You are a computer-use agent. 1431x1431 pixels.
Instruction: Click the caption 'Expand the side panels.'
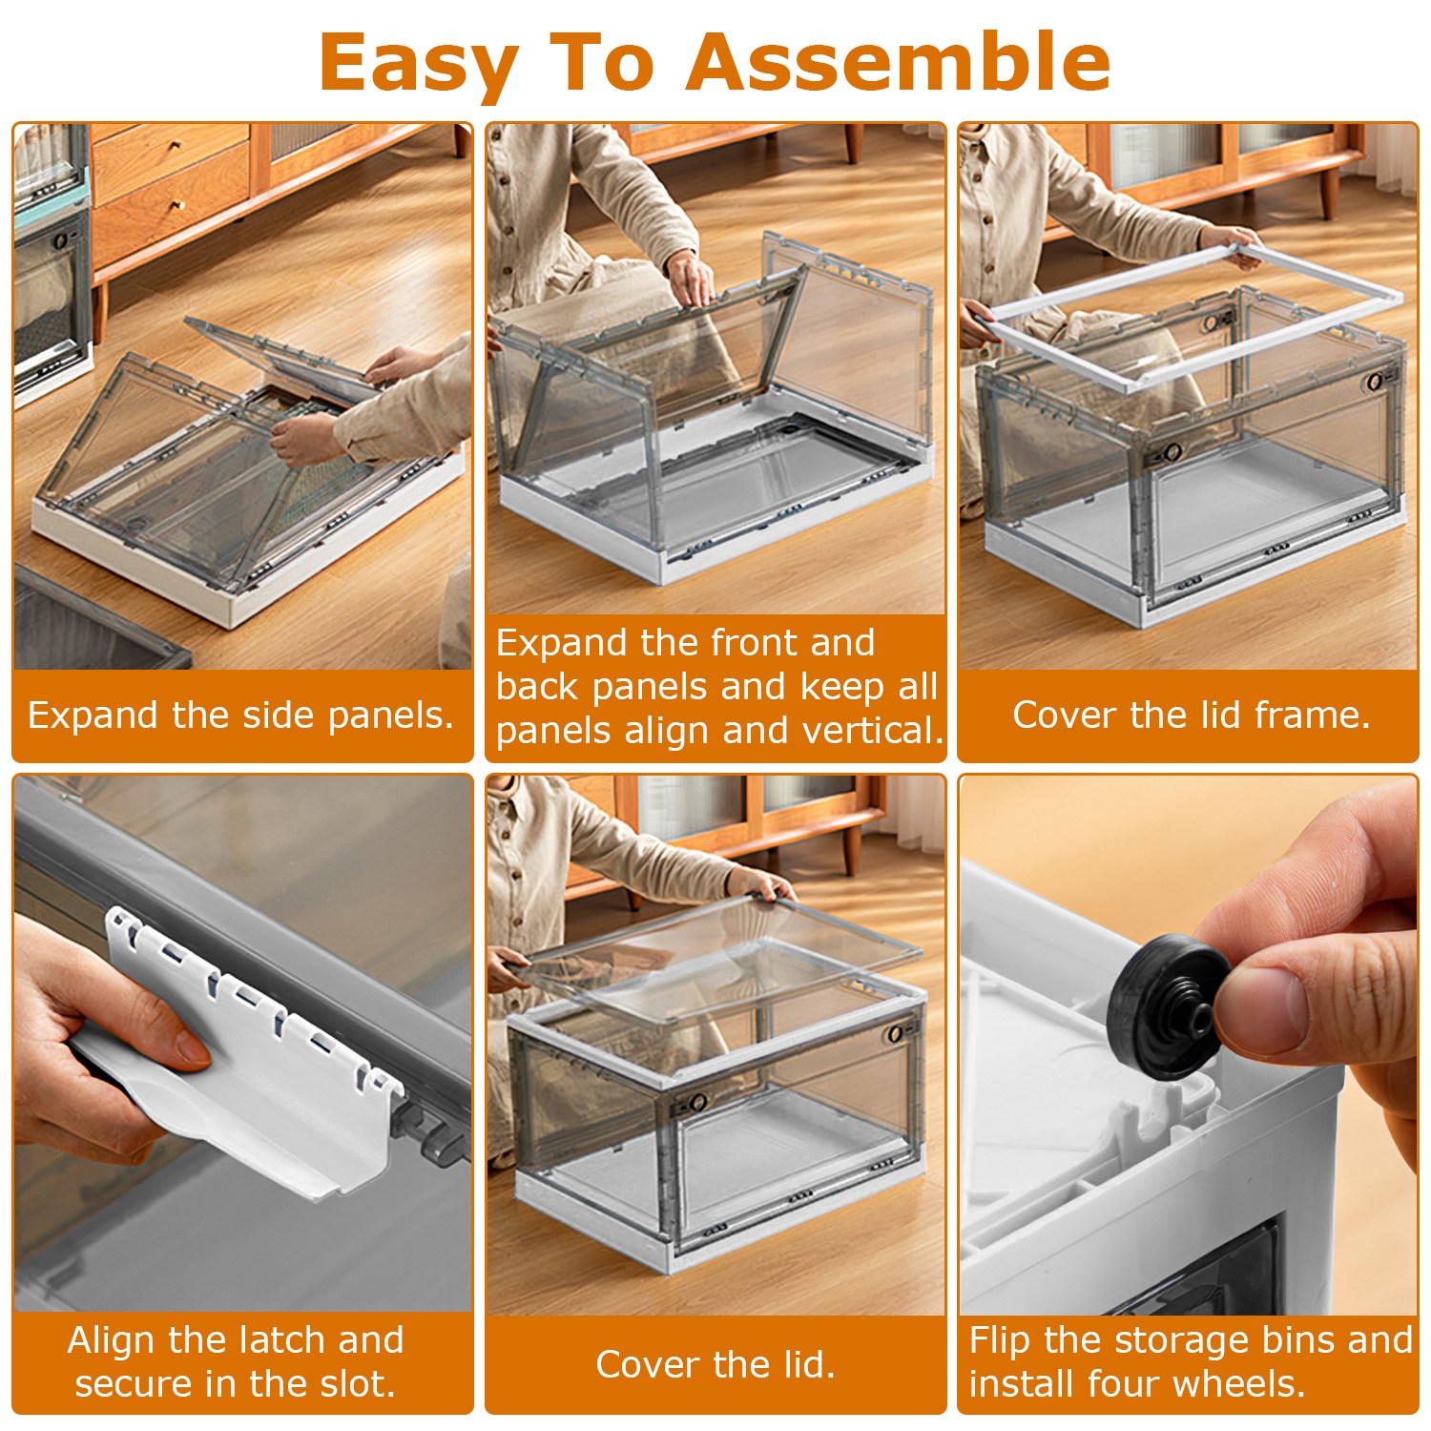point(241,715)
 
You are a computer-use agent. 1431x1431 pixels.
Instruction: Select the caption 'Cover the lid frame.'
point(1192,715)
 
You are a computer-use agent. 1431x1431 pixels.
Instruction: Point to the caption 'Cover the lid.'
point(715,1364)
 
